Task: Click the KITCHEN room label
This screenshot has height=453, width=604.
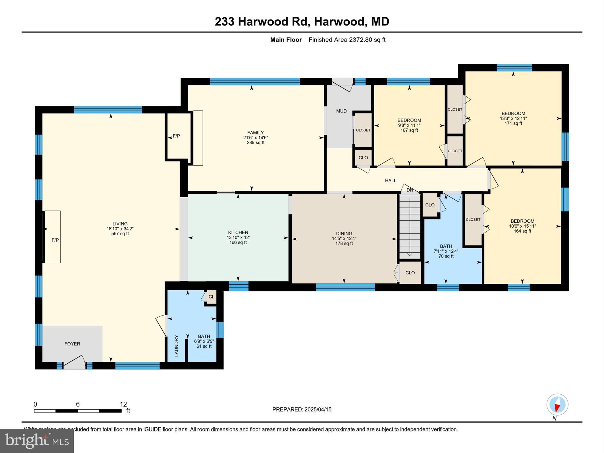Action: coord(238,232)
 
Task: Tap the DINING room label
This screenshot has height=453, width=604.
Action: coord(344,233)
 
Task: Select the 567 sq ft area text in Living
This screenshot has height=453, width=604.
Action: coord(120,234)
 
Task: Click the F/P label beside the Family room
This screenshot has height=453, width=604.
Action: coord(176,136)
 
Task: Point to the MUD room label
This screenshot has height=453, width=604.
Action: coord(341,111)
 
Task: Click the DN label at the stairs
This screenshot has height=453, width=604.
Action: coord(410,190)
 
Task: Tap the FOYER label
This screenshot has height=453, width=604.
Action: coord(72,344)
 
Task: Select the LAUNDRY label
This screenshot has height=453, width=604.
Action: coord(176,346)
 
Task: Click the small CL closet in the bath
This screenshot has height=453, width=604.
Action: coord(211,297)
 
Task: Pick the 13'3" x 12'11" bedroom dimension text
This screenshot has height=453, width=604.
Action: coord(513,119)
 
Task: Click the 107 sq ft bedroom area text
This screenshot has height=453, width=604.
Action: coord(409,130)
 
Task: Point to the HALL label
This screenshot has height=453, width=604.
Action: coord(390,180)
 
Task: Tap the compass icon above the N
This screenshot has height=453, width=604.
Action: coord(557,405)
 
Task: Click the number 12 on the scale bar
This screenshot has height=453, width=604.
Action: coord(123,404)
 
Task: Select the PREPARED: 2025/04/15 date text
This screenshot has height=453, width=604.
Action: coord(302,409)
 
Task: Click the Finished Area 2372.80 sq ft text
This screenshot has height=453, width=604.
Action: coord(347,40)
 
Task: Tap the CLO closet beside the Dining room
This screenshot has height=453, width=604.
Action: coord(410,273)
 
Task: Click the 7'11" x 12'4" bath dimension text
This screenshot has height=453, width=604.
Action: coord(446,251)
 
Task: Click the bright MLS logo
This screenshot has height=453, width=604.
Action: coord(37,441)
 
